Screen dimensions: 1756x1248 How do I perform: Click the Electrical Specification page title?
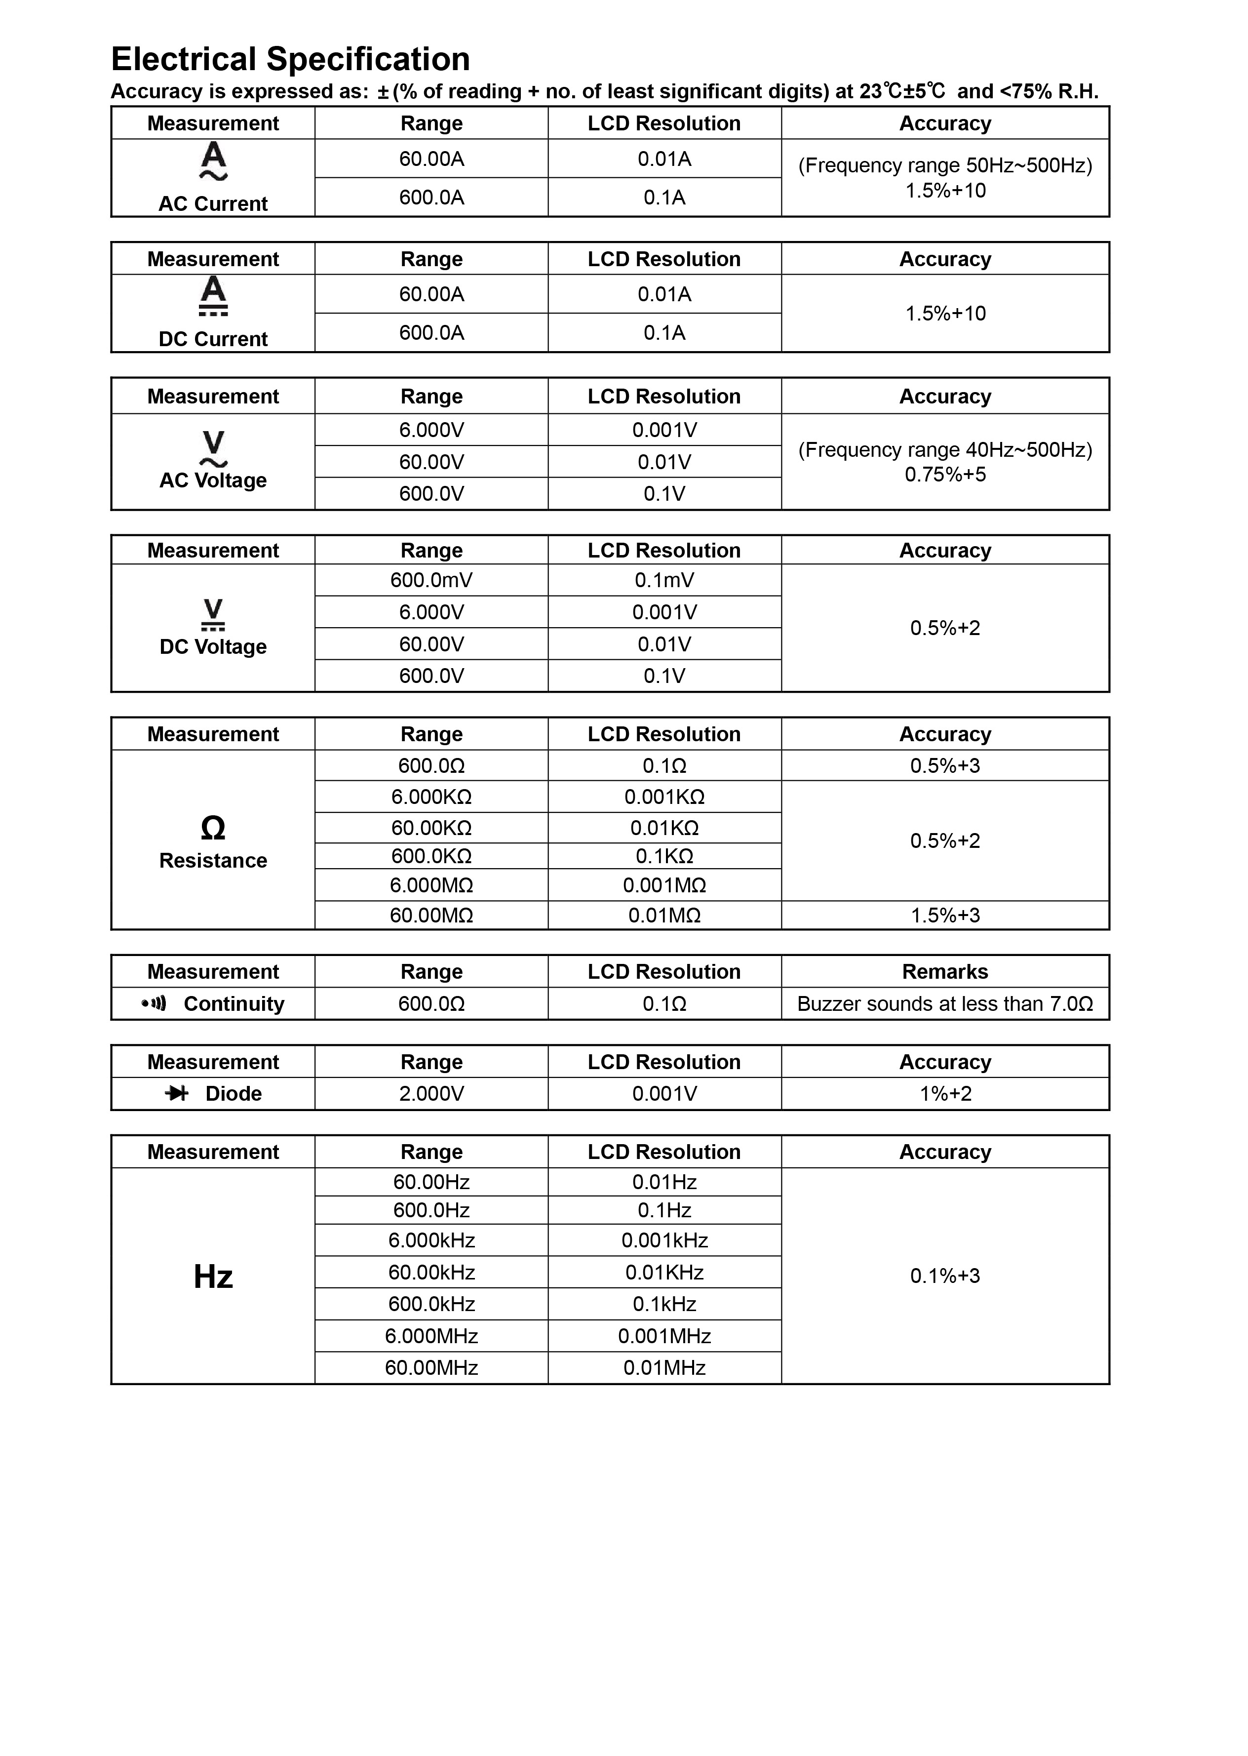tap(290, 59)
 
